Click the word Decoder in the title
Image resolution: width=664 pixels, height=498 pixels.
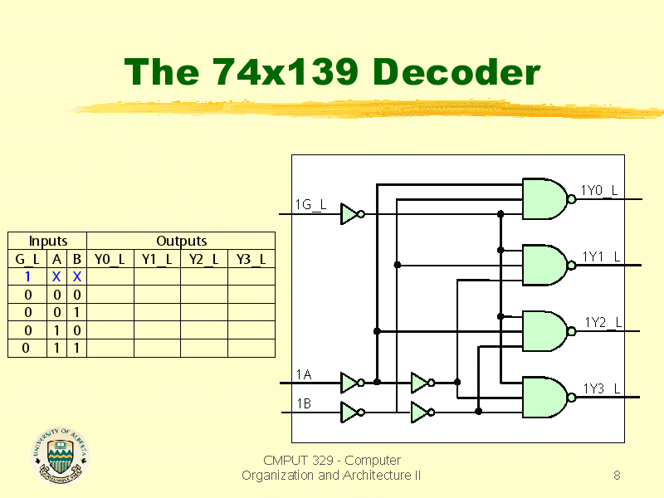pos(456,71)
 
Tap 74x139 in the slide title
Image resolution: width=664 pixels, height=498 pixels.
pos(285,71)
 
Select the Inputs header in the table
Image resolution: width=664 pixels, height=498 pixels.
pos(48,241)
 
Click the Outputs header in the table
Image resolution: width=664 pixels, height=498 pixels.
pos(181,241)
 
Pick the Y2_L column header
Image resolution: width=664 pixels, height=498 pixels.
pos(203,259)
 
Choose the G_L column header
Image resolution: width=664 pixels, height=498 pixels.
pos(27,259)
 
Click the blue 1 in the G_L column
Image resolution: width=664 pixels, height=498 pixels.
pos(27,276)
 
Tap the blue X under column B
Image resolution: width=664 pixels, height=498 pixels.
pos(76,276)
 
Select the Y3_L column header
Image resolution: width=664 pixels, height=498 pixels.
pos(251,259)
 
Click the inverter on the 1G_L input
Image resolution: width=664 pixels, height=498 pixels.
pos(352,214)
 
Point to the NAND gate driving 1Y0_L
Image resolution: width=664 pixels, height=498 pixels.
pos(549,198)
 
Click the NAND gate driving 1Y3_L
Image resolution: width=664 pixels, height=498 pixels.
pos(549,398)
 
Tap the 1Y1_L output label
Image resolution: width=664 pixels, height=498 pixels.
pos(601,256)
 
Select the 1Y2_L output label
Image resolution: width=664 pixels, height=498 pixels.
pos(603,322)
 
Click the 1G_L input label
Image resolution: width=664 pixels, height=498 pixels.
pos(310,205)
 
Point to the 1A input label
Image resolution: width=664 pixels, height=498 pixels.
pos(304,374)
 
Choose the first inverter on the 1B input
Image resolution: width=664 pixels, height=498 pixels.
pos(352,412)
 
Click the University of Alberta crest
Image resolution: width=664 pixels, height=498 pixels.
pos(60,455)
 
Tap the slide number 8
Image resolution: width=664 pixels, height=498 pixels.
pos(617,475)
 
